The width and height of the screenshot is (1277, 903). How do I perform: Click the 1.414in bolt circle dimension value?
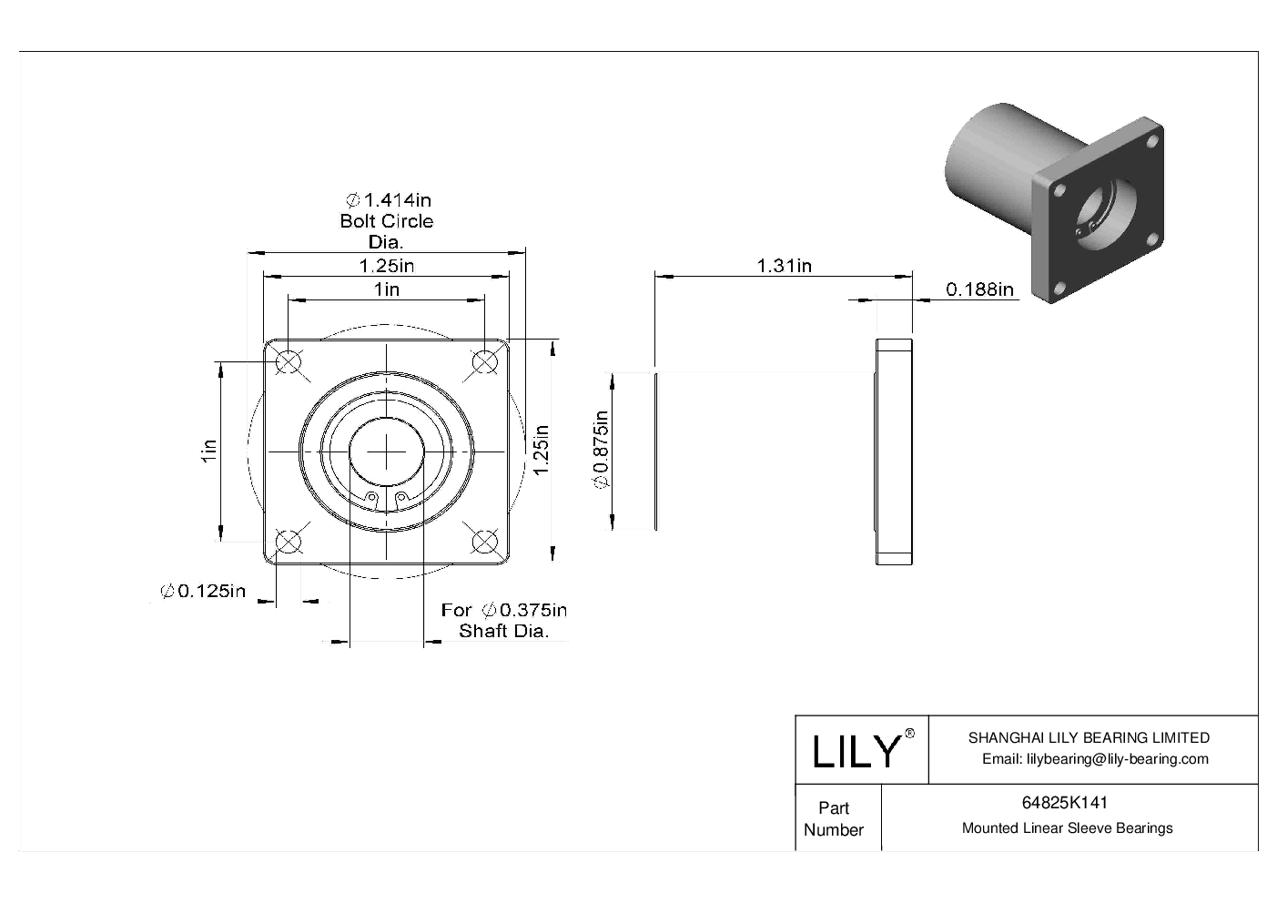point(387,199)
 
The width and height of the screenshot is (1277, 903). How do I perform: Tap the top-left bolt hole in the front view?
point(288,362)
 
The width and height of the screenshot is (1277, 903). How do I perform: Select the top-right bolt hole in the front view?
point(485,362)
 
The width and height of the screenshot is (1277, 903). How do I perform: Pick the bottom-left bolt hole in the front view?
point(288,542)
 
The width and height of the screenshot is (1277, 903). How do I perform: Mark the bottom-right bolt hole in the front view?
point(485,542)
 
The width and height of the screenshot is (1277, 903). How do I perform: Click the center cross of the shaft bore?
point(387,451)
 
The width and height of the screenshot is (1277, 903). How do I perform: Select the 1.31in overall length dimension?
point(784,266)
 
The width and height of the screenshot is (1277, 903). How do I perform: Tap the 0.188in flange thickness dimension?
point(979,289)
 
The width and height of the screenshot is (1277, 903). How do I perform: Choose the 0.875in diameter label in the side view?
point(601,450)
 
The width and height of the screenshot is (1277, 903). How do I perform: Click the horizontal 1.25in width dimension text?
point(387,266)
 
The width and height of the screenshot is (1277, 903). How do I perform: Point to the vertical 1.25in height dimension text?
point(541,450)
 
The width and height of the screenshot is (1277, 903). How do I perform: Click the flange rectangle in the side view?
point(893,451)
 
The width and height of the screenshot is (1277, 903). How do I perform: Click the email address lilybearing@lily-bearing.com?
point(1095,759)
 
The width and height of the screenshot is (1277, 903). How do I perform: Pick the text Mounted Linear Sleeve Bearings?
point(1067,828)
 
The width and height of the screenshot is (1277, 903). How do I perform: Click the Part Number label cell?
point(833,818)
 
